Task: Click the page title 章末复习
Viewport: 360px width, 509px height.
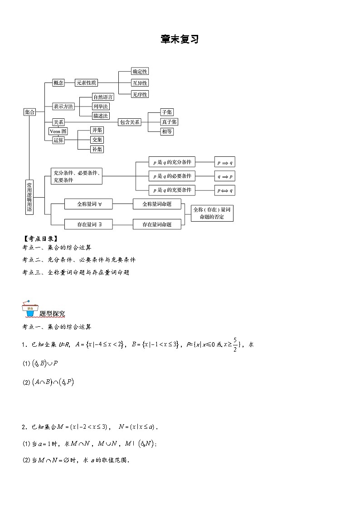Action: (180, 39)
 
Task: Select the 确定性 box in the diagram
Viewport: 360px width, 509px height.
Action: (140, 72)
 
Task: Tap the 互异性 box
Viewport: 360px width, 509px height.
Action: (140, 83)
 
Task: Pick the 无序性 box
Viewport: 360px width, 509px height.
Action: (140, 94)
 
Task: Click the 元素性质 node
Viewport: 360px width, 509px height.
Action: (86, 83)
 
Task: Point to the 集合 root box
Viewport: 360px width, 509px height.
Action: (29, 112)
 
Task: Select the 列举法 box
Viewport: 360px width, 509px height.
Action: (101, 107)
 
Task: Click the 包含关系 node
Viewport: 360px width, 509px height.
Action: (129, 122)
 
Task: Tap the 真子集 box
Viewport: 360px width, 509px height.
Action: (169, 122)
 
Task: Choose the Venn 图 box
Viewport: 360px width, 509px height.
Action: (58, 131)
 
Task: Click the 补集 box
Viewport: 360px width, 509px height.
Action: (97, 149)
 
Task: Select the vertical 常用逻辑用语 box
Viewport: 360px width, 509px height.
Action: (29, 197)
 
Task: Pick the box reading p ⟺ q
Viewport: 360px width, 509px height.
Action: (225, 190)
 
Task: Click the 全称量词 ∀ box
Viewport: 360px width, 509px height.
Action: (89, 204)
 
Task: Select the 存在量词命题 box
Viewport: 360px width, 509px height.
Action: (157, 224)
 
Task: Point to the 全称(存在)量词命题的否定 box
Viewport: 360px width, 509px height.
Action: (212, 213)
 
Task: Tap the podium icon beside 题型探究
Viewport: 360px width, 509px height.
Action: (29, 308)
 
